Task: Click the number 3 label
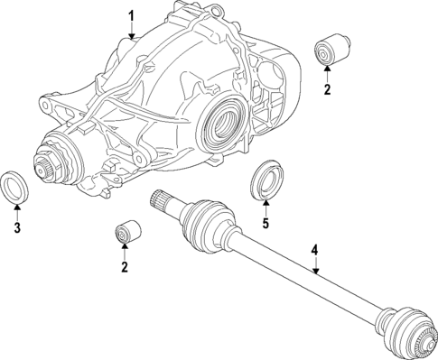pos(17,226)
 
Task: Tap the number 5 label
pos(266,223)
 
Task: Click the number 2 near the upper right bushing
pos(327,89)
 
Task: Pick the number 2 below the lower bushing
pos(124,266)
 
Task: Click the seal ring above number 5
pos(266,179)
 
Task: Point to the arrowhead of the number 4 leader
pos(316,271)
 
